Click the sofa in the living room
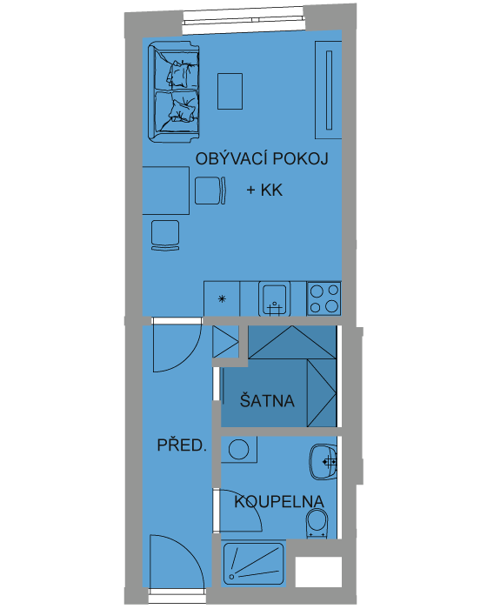[x=174, y=91]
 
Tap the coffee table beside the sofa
[x=230, y=91]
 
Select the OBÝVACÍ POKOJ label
[x=262, y=158]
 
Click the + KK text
[x=264, y=190]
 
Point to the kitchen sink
[x=274, y=298]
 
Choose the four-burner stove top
[x=324, y=298]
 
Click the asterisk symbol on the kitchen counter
[x=222, y=298]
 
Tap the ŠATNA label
[x=267, y=401]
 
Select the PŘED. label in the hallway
[x=182, y=445]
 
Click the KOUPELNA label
[x=279, y=501]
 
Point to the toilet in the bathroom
[x=317, y=523]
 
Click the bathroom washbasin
[x=324, y=462]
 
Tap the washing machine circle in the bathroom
[x=239, y=449]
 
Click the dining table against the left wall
[x=166, y=191]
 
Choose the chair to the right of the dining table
[x=210, y=191]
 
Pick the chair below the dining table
[x=165, y=236]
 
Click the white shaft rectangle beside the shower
[x=318, y=572]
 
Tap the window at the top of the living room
[x=243, y=21]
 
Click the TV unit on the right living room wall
[x=329, y=90]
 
